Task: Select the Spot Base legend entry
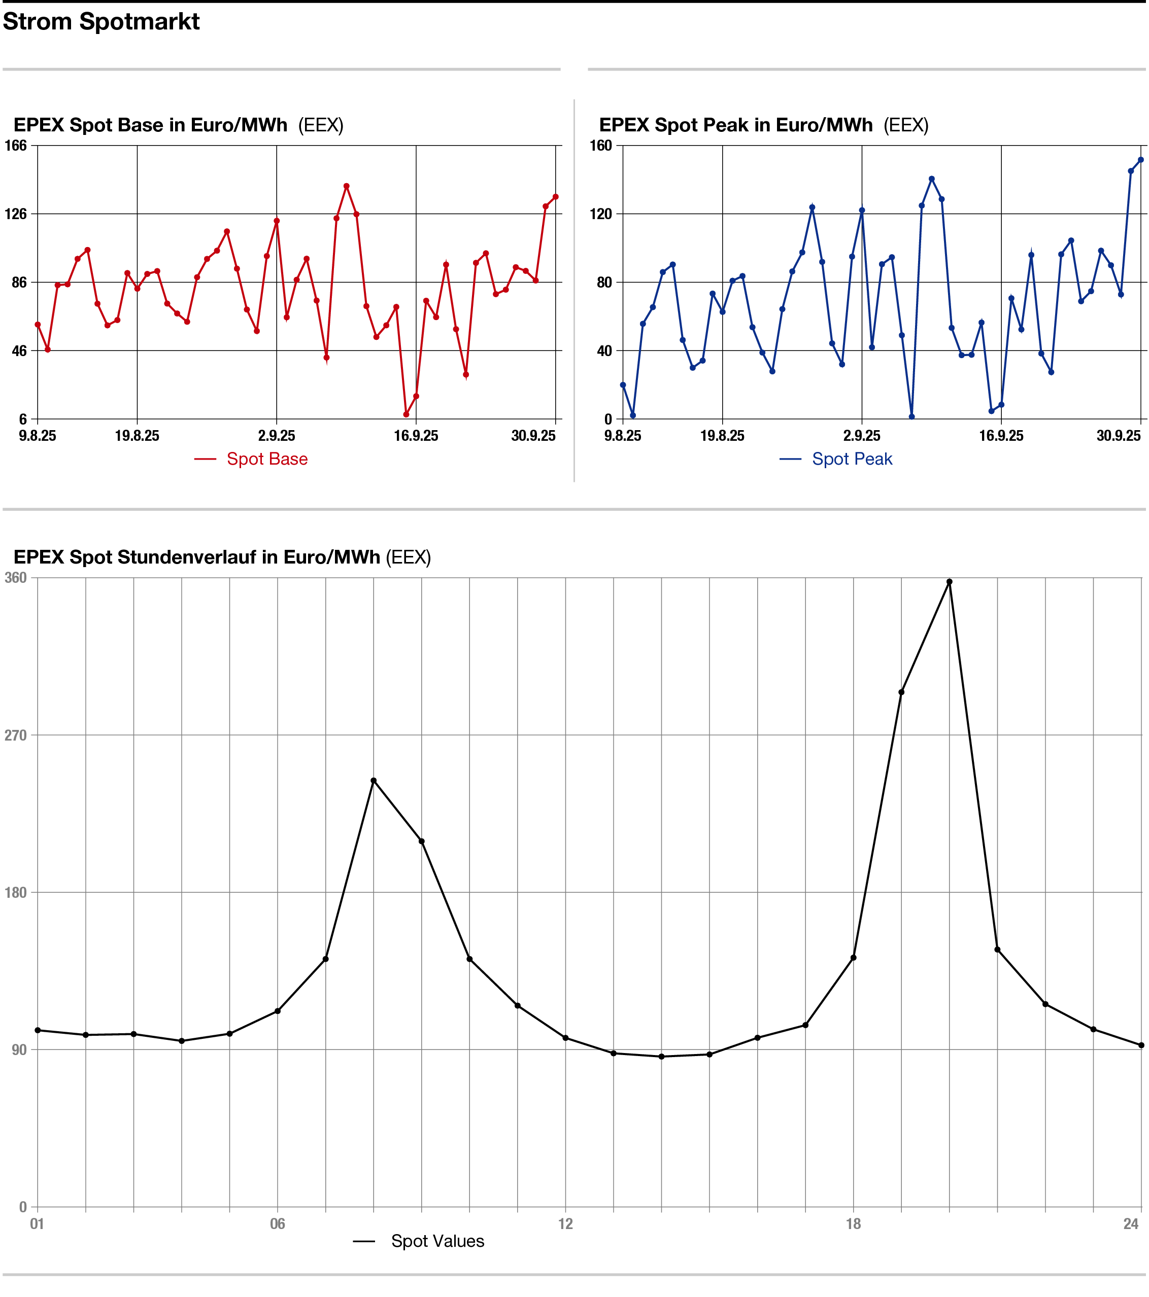tap(266, 459)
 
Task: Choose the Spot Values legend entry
tap(437, 1241)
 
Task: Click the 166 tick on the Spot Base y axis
tap(16, 145)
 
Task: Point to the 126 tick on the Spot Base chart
tap(16, 214)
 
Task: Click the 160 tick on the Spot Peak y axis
tap(600, 145)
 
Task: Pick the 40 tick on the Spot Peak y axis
tap(604, 350)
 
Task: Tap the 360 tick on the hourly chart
tap(16, 577)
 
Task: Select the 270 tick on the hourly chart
tap(16, 735)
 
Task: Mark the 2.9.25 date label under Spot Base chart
tap(277, 436)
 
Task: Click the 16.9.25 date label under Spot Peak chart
tap(1001, 436)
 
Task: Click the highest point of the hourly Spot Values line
tap(949, 582)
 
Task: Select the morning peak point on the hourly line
tap(373, 781)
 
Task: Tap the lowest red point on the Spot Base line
tap(407, 414)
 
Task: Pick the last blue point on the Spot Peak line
tap(1141, 160)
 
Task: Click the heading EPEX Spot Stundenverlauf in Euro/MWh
tap(197, 557)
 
